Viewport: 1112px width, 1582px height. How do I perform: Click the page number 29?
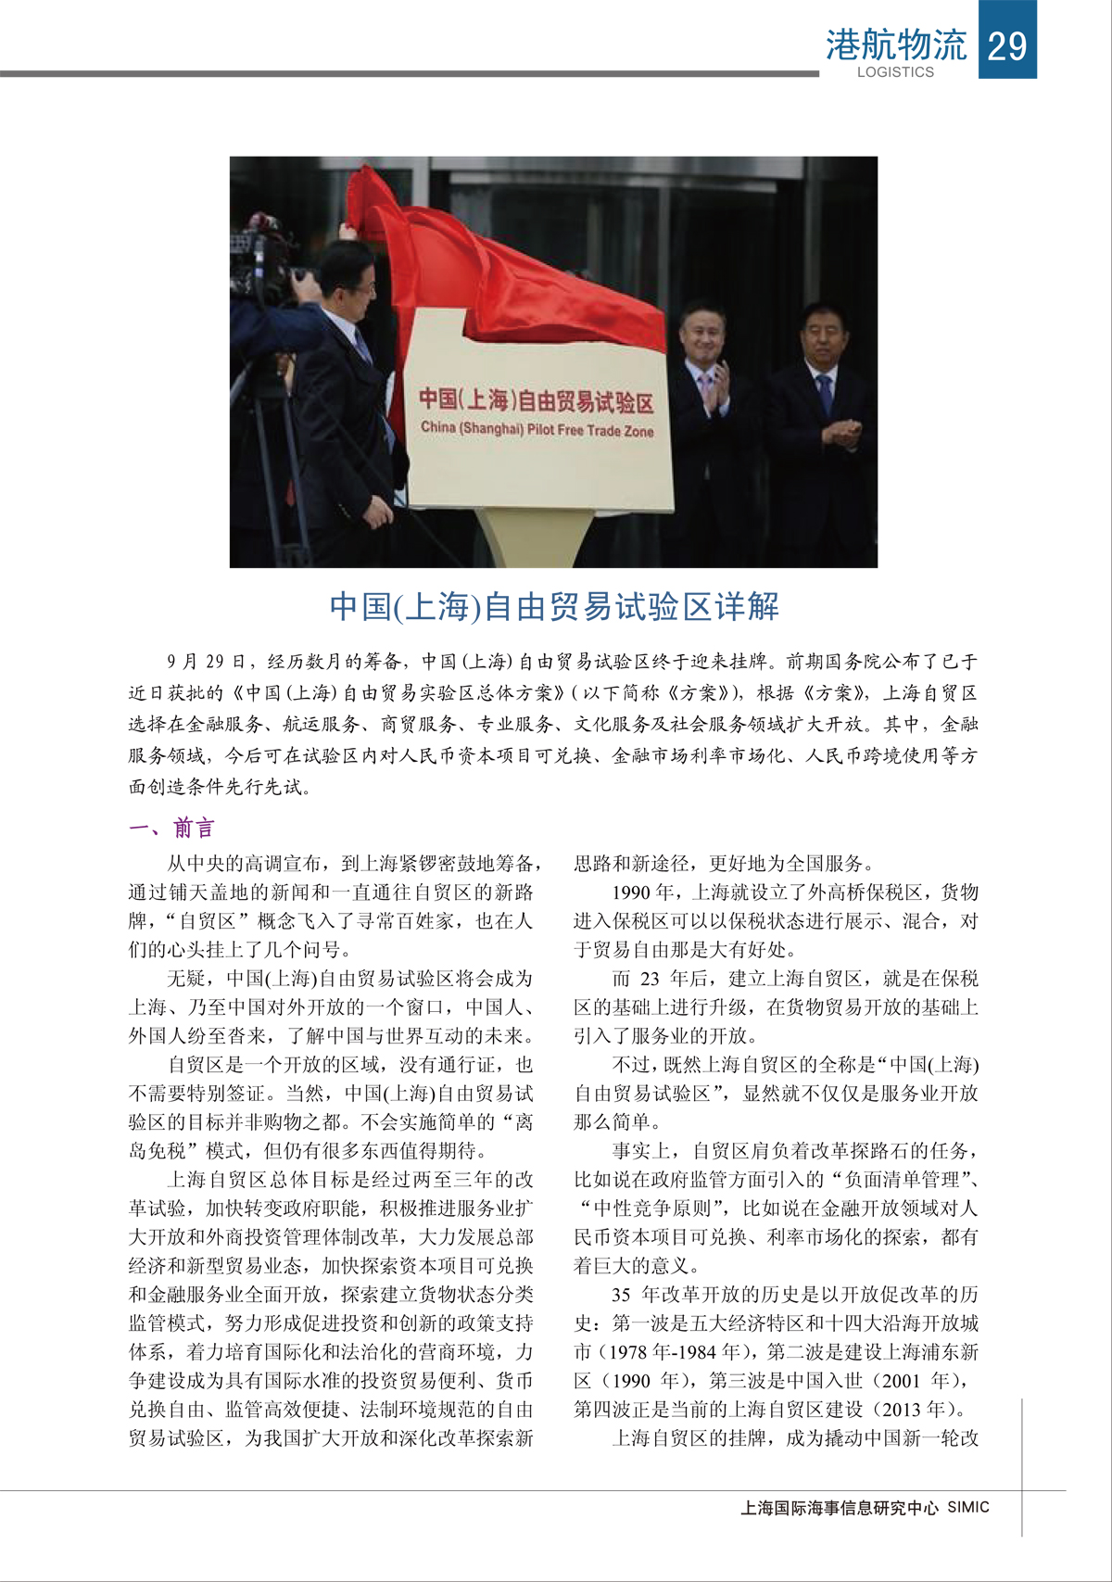pos(1007,44)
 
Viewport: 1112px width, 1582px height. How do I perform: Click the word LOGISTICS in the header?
pos(895,72)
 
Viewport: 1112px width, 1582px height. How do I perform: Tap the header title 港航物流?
pos(895,44)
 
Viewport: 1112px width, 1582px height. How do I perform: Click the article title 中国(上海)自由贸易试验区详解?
pos(554,606)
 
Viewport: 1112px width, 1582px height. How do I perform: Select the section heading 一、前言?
pos(172,827)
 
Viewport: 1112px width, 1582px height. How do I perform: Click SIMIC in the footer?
pos(968,1507)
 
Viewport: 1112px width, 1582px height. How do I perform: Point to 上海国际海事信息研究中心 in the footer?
pos(839,1508)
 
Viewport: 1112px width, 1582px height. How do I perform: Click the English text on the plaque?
pos(537,429)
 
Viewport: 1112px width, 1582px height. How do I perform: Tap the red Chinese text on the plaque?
pos(537,400)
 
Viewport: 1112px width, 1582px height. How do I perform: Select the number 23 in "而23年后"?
pos(650,979)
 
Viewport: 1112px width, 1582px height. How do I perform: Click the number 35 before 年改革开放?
pos(621,1295)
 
